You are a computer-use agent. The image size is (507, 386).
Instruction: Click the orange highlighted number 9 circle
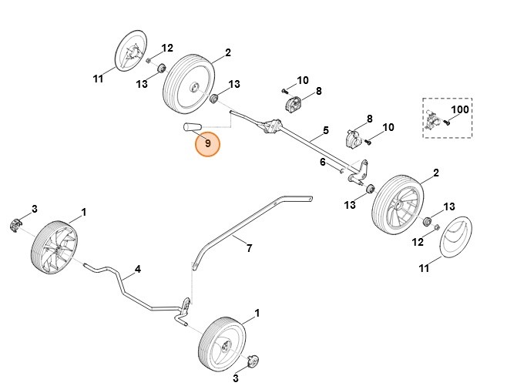[207, 144]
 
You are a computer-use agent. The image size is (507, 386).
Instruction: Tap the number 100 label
[460, 109]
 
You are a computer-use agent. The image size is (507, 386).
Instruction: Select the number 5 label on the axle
[326, 130]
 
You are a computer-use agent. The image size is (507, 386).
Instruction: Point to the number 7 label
[249, 248]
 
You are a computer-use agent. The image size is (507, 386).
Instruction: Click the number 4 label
[138, 269]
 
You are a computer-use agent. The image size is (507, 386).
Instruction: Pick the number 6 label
[323, 162]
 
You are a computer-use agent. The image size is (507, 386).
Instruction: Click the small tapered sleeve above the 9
[193, 127]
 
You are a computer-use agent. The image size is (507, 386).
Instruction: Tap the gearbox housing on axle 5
[272, 126]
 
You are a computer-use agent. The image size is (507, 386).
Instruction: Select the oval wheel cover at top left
[131, 51]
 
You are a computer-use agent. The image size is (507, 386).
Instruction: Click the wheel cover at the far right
[456, 237]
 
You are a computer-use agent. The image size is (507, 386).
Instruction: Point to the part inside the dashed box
[431, 119]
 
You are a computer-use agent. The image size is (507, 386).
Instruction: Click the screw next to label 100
[446, 123]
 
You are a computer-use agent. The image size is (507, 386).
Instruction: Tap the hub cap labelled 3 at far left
[15, 225]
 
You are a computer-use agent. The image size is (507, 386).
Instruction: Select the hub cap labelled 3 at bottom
[253, 361]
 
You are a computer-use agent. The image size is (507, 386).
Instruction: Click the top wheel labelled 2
[189, 84]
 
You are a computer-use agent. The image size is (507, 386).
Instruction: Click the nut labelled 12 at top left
[149, 60]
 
